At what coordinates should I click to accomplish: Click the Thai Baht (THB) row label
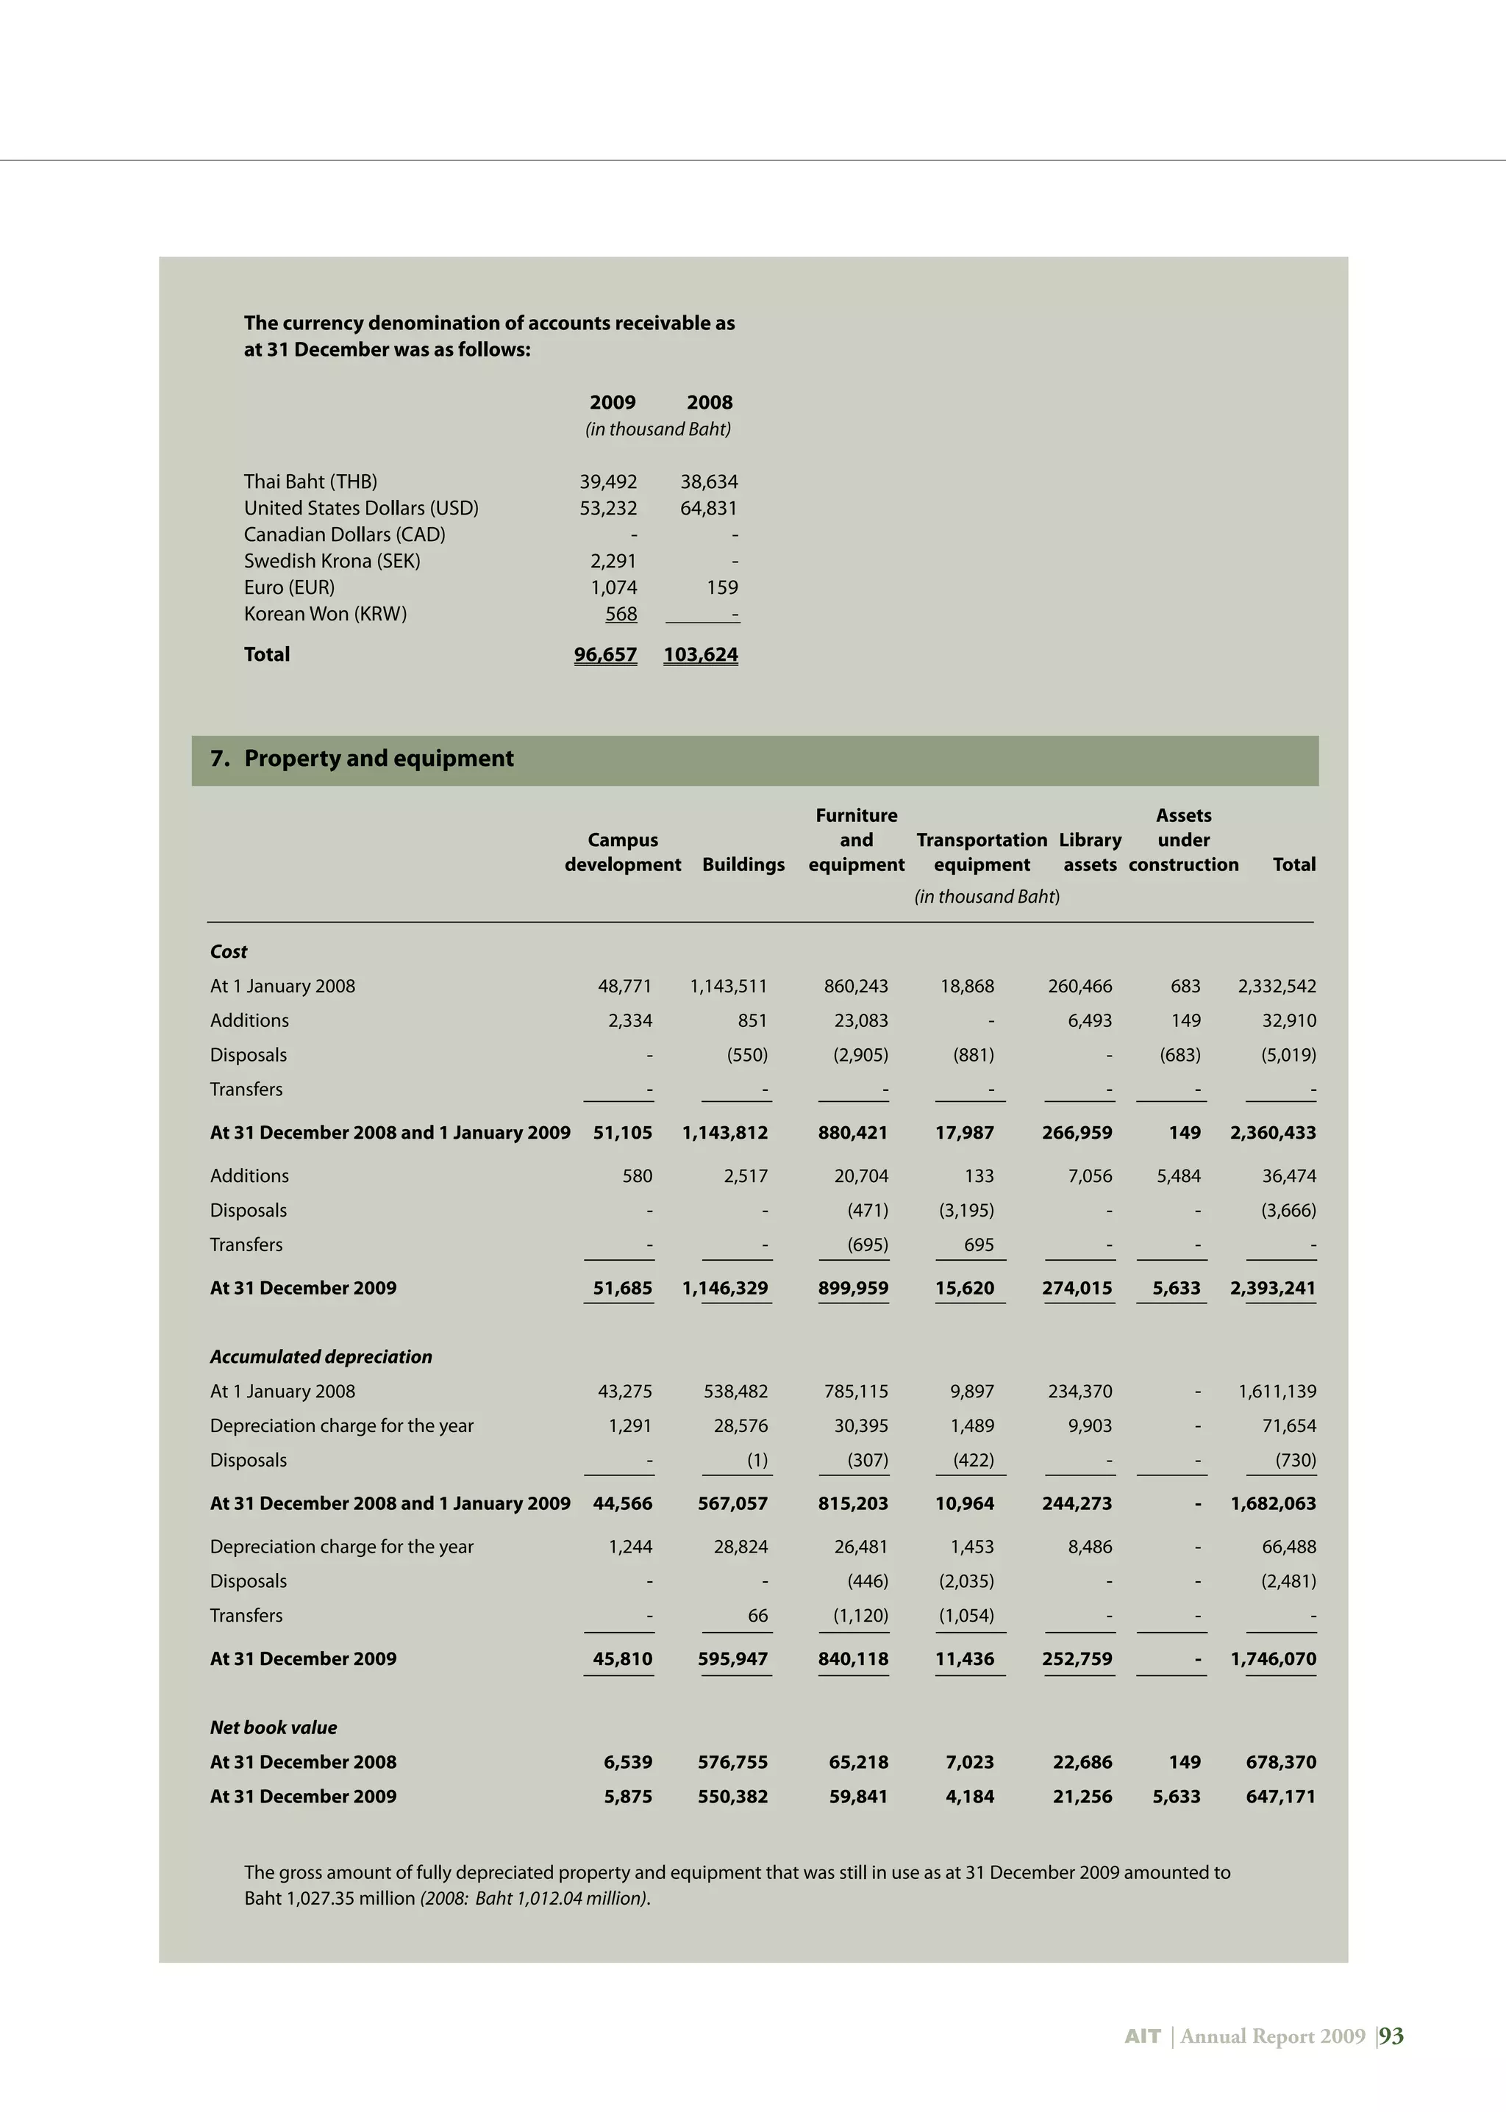pos(310,482)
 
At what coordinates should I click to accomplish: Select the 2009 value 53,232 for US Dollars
pos(607,508)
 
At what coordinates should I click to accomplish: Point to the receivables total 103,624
pos(700,654)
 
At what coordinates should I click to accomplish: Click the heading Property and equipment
pos(379,759)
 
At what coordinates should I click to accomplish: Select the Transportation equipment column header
pos(981,852)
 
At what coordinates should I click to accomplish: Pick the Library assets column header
pos(1090,852)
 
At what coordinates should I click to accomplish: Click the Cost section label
pos(228,951)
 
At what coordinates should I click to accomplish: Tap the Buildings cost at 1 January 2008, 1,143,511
pos(728,987)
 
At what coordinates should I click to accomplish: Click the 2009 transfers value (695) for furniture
pos(867,1245)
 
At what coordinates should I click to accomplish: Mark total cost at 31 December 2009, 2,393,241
pos(1272,1288)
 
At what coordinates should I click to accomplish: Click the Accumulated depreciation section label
pos(321,1356)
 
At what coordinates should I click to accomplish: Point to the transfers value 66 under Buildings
pos(757,1615)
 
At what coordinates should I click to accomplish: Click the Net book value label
pos(273,1728)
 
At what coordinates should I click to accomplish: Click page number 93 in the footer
pos(1391,2036)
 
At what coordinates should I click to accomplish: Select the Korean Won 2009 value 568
pos(621,614)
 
